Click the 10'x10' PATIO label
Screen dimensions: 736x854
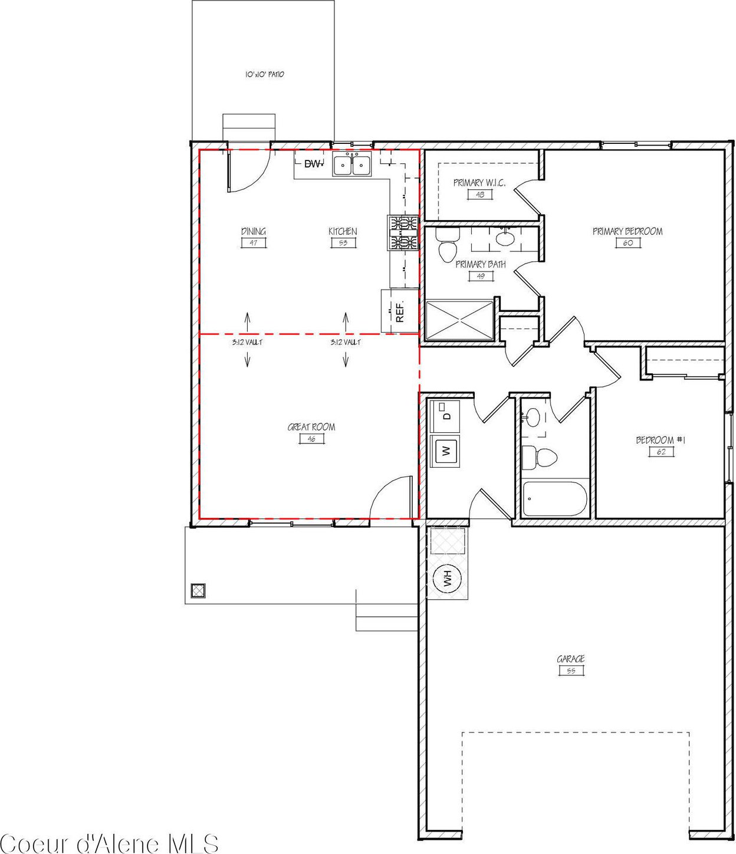(x=264, y=75)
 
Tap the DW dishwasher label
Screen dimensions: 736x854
(x=313, y=164)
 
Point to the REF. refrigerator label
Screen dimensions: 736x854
(x=400, y=311)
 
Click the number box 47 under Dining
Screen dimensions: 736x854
(x=254, y=243)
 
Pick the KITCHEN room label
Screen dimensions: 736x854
(x=343, y=231)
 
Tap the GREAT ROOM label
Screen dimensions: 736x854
(x=311, y=427)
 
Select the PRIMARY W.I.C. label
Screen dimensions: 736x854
(x=479, y=183)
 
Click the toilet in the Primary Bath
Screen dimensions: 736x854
(x=446, y=245)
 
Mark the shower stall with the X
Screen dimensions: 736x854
(x=459, y=321)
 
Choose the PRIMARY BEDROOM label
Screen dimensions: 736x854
(x=627, y=231)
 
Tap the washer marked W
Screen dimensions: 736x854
(x=445, y=451)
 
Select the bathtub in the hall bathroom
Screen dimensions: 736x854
(x=554, y=498)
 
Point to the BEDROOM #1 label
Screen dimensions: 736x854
(x=661, y=441)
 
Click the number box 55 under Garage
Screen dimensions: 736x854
(x=571, y=671)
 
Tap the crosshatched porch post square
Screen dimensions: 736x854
(x=198, y=591)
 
